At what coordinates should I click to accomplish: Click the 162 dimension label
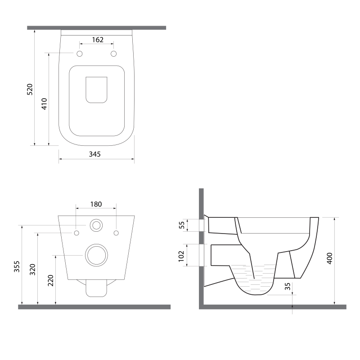98,40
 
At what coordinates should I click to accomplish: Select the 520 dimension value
30,90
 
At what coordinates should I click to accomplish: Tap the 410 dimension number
44,103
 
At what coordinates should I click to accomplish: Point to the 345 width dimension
94,154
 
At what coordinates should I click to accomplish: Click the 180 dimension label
96,204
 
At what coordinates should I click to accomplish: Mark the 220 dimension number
50,281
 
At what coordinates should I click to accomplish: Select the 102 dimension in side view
181,255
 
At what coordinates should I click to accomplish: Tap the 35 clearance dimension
287,287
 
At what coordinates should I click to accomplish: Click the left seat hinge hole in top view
80,54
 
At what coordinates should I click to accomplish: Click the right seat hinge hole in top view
113,54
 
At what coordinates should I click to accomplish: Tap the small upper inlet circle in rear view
96,225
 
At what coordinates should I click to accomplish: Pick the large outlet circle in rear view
96,256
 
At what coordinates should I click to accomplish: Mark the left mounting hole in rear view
76,233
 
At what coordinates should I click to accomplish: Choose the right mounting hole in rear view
117,233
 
